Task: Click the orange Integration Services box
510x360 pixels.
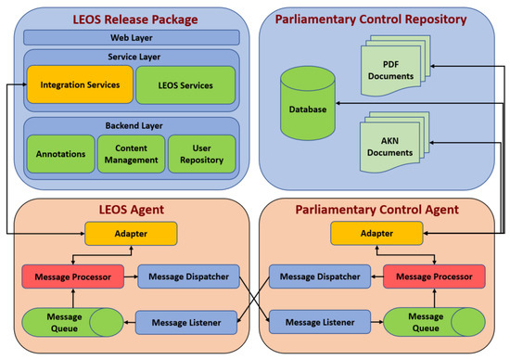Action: [x=78, y=85]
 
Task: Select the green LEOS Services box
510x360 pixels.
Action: [x=185, y=85]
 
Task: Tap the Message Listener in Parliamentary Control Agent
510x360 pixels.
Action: [x=319, y=321]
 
